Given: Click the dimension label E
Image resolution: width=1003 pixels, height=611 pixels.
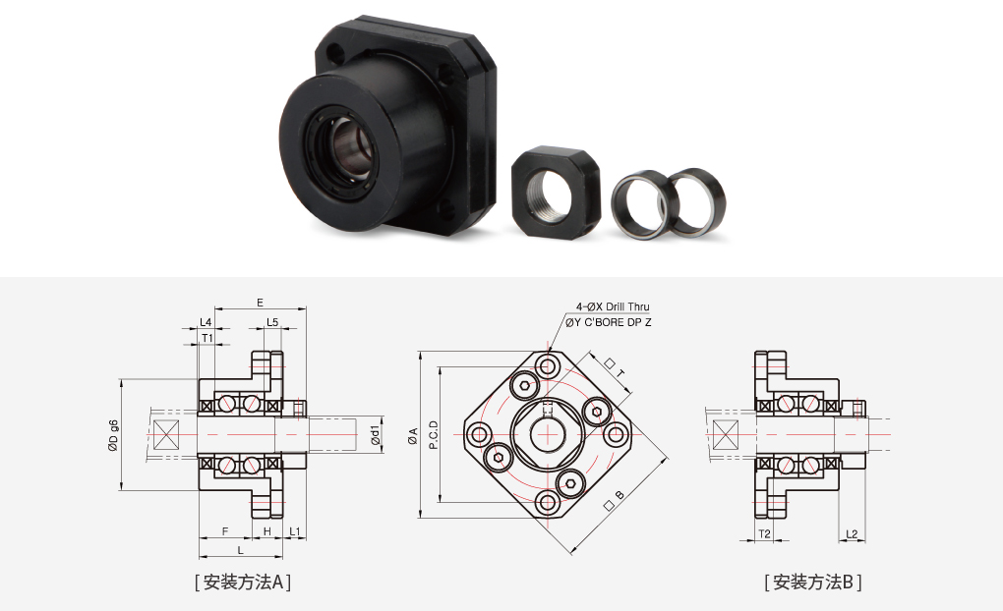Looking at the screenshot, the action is [x=260, y=303].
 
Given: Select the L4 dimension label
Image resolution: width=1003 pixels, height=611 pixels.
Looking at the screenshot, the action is [x=206, y=322].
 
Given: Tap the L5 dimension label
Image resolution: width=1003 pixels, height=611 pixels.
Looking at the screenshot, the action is [x=272, y=322].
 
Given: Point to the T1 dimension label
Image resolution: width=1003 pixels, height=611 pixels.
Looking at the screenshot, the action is [x=207, y=338].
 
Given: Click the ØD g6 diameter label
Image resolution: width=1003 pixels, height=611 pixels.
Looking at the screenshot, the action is [x=113, y=435].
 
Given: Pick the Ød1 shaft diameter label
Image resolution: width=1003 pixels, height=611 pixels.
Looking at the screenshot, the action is [x=376, y=434].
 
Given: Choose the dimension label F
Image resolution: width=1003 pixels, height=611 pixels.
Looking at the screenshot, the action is [x=225, y=531].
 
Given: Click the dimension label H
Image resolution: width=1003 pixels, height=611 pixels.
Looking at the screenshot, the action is [x=267, y=531].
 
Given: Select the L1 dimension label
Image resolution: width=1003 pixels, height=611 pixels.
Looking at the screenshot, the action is [x=294, y=531].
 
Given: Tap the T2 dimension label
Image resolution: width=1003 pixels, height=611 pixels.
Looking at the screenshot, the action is [x=764, y=533].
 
